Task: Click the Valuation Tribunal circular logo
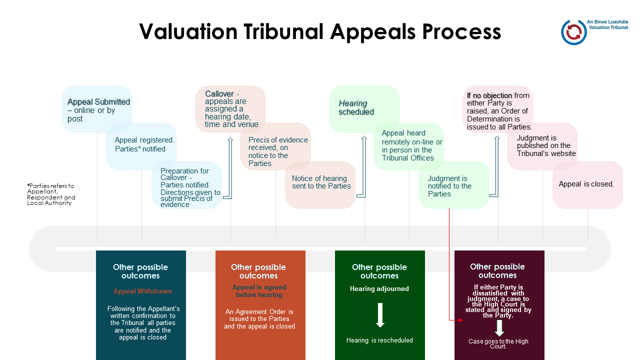(x=573, y=32)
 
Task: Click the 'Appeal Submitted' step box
(x=97, y=109)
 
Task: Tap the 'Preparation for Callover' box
(x=186, y=185)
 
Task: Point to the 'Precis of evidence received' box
(x=275, y=146)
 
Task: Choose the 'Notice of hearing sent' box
(x=320, y=185)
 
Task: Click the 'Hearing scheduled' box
(x=364, y=109)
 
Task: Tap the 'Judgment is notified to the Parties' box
(x=454, y=185)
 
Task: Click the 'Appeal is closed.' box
(x=587, y=185)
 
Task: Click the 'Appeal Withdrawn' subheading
(x=142, y=291)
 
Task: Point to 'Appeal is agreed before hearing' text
(x=259, y=291)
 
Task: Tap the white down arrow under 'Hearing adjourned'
(x=380, y=315)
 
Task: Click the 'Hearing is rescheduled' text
(x=379, y=340)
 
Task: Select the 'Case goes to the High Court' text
(x=498, y=343)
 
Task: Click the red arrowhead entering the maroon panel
(x=460, y=320)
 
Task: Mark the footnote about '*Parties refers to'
(x=51, y=194)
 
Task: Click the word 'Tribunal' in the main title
(x=283, y=31)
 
